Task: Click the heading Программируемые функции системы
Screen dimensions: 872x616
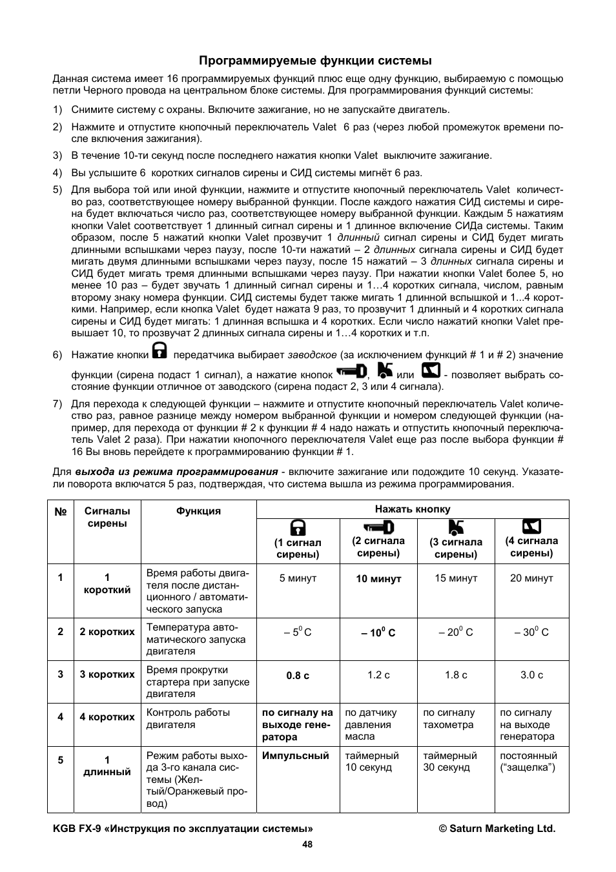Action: [x=315, y=61]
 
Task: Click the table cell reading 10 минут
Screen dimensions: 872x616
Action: [x=378, y=579]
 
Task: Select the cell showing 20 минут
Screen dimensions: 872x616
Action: [x=531, y=578]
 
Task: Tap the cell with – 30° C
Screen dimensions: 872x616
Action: [x=531, y=633]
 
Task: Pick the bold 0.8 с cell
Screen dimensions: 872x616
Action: [x=298, y=675]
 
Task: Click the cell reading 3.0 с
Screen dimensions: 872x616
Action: [x=531, y=675]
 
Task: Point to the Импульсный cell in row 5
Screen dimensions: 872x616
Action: [x=296, y=755]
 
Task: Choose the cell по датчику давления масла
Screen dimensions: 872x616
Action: [x=371, y=724]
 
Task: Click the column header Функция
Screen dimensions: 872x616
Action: [x=198, y=511]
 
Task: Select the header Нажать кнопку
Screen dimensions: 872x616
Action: [x=413, y=509]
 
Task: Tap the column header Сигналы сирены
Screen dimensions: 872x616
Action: [x=107, y=517]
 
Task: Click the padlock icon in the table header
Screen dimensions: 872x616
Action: [x=298, y=527]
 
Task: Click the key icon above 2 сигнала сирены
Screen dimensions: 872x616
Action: [x=378, y=527]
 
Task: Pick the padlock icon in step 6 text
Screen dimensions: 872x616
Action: [x=159, y=350]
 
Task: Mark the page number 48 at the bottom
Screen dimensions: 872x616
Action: [x=307, y=844]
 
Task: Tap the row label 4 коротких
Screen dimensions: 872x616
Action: [x=107, y=717]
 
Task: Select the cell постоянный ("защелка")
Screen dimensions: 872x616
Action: [x=528, y=761]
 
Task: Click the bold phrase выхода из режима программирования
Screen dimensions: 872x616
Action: [x=176, y=472]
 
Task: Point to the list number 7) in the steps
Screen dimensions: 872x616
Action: [x=57, y=404]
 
